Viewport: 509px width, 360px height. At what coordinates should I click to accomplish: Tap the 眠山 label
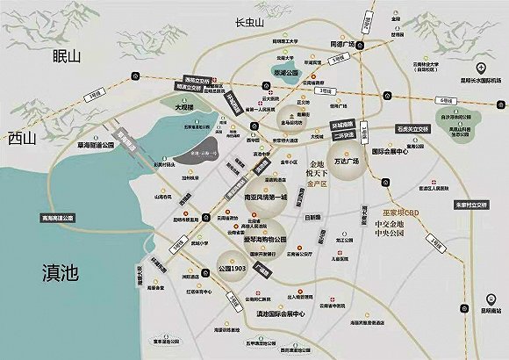(66, 56)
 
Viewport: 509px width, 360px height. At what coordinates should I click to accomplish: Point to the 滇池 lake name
(54, 274)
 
